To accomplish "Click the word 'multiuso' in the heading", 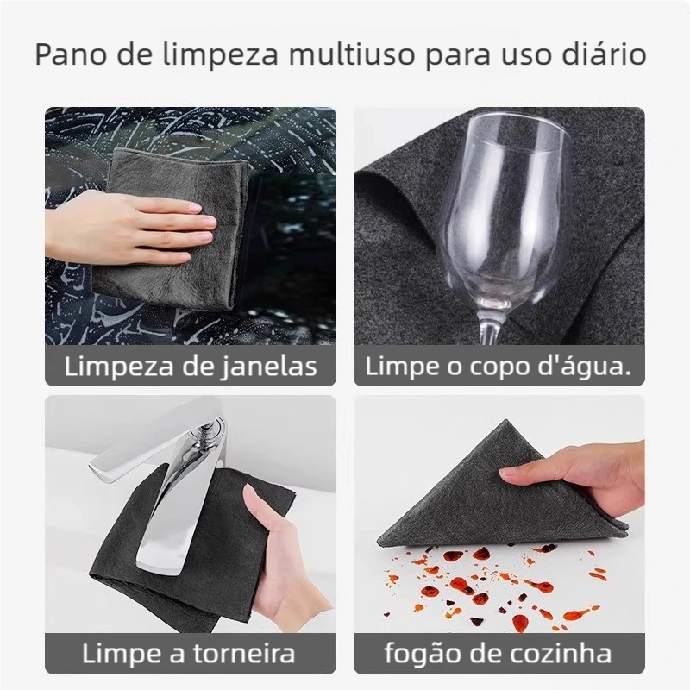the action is pos(352,54).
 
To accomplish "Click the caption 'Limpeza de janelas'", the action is pos(191,366).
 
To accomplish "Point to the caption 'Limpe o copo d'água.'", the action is pos(499,366).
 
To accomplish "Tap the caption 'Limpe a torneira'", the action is pos(188,654).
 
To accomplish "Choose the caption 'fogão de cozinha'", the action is pos(499,654).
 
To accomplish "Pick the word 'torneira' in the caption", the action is pos(244,654).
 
